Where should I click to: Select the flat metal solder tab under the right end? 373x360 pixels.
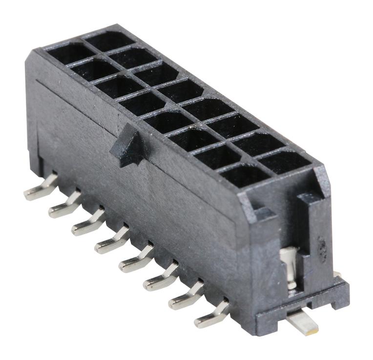tap(303, 321)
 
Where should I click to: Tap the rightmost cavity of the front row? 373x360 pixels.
tap(239, 175)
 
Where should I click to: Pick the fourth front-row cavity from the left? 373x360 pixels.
tap(142, 103)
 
